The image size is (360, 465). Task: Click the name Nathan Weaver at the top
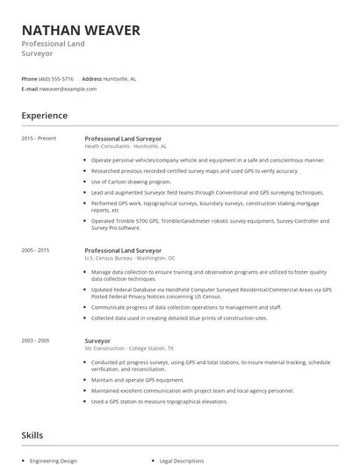[81, 31]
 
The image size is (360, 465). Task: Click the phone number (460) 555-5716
[57, 79]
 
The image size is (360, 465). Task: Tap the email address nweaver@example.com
[68, 89]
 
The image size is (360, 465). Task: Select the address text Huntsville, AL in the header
[119, 79]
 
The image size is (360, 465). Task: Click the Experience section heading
[45, 116]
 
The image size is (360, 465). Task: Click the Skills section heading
[33, 435]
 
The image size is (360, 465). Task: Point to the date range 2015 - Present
[39, 138]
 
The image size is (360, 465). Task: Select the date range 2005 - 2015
[36, 251]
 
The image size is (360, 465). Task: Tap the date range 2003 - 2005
[36, 340]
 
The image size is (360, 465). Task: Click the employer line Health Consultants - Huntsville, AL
[125, 147]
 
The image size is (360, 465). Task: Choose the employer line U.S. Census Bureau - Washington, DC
[129, 259]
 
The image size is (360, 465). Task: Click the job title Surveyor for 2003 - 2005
[99, 340]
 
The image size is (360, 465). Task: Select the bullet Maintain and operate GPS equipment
[137, 380]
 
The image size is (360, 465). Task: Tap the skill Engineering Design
[54, 460]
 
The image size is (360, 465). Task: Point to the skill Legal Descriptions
[182, 460]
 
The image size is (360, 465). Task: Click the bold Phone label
[29, 79]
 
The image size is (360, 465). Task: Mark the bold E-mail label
[30, 89]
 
